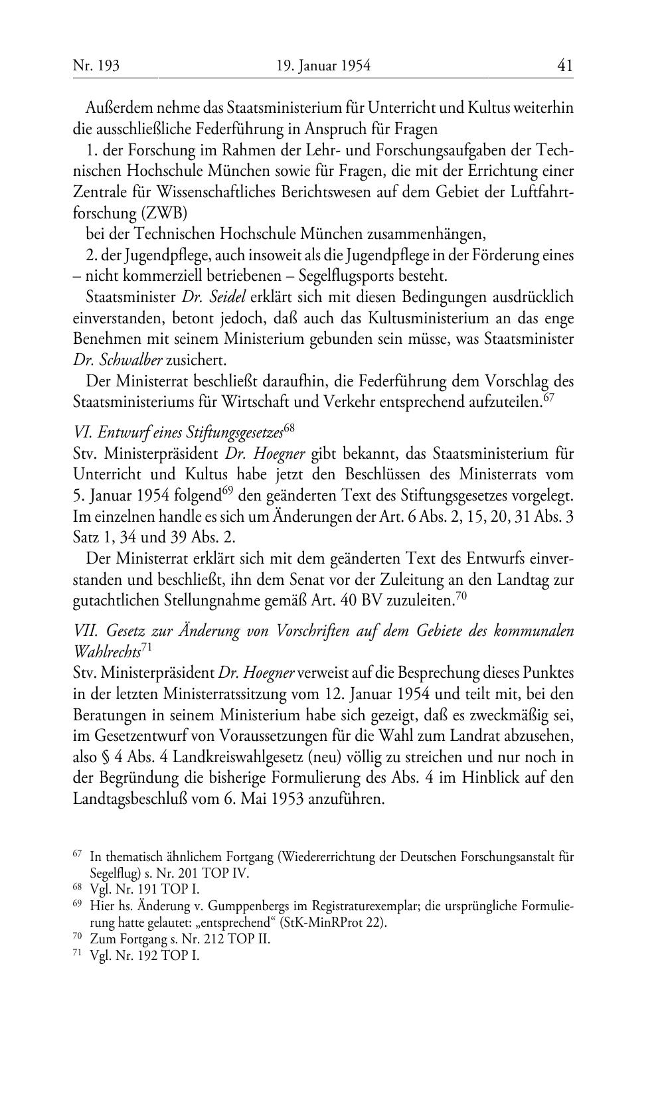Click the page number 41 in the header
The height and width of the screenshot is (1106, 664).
[x=565, y=65]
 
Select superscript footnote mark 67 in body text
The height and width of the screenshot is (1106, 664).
[x=548, y=398]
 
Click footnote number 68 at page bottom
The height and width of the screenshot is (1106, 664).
[x=76, y=888]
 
